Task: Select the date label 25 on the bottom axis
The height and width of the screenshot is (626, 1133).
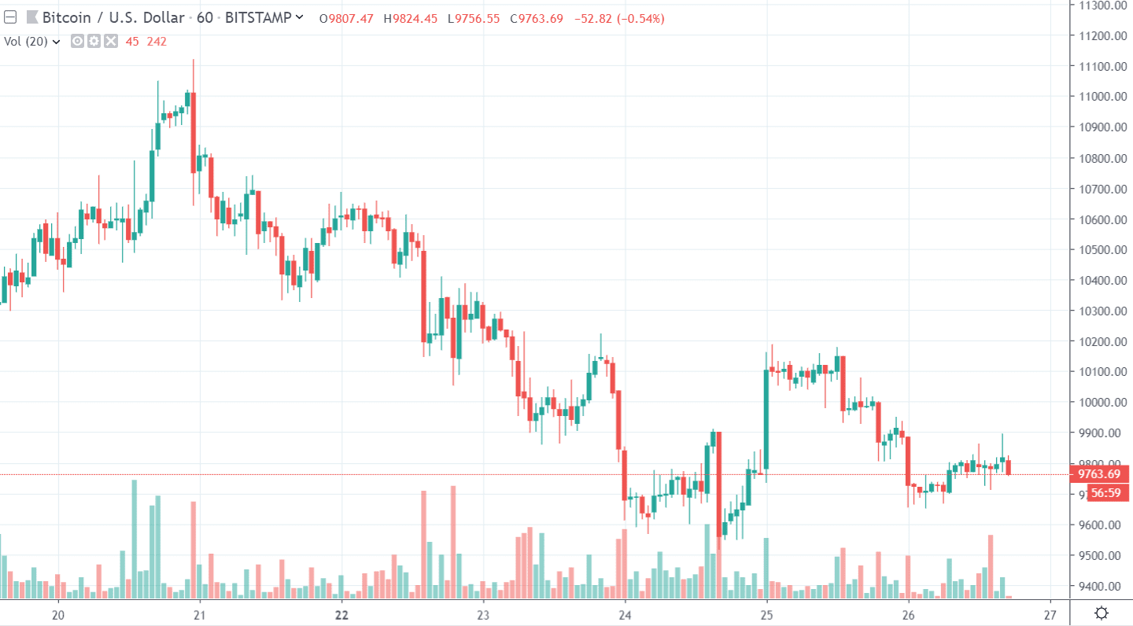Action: [766, 614]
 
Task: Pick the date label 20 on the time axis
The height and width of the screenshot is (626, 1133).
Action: [57, 614]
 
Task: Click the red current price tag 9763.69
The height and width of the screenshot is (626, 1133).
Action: [1099, 473]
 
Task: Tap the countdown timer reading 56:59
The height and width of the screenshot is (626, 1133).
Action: [1105, 493]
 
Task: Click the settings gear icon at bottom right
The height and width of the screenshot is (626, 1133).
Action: [1102, 613]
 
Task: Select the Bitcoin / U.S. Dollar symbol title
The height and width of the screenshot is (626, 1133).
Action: [113, 17]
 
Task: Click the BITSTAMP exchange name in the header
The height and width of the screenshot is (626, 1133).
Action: [258, 17]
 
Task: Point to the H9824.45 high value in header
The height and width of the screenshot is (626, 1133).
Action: [410, 18]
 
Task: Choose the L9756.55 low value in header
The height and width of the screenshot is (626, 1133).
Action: [474, 18]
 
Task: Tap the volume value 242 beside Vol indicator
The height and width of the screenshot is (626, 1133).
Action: [157, 41]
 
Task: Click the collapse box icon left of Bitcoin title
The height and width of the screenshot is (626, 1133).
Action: [10, 17]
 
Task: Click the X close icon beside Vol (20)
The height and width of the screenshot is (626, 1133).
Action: [110, 41]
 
